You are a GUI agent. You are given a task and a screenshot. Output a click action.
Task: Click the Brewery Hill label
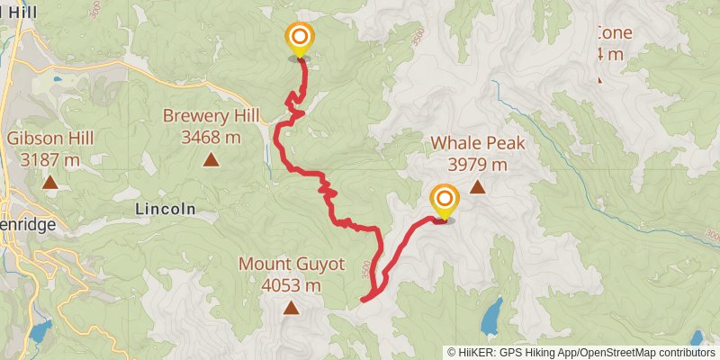click(x=210, y=115)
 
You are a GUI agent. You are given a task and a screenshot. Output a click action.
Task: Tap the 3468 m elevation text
click(x=211, y=137)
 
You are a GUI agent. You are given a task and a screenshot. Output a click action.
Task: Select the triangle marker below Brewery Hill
click(x=211, y=160)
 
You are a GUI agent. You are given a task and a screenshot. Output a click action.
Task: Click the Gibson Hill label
click(x=49, y=139)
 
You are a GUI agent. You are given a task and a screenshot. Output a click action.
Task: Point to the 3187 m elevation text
click(x=50, y=160)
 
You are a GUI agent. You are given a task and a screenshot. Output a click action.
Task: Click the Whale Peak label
click(x=477, y=142)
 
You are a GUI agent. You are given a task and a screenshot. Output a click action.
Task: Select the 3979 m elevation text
click(x=477, y=165)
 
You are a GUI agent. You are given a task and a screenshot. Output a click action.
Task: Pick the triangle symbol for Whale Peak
click(x=477, y=188)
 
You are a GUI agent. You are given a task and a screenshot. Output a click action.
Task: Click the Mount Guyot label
click(x=291, y=264)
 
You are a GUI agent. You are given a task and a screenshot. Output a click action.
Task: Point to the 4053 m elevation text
click(x=291, y=285)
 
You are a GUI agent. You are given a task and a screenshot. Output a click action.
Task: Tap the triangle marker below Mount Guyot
click(x=291, y=309)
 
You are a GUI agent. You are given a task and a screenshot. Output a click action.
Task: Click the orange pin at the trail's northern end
click(x=299, y=39)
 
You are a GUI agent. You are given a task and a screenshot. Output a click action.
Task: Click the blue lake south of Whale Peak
click(x=490, y=316)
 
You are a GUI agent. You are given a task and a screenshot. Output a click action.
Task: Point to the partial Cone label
click(x=614, y=33)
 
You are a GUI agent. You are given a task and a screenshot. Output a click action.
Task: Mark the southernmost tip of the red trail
click(x=364, y=299)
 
